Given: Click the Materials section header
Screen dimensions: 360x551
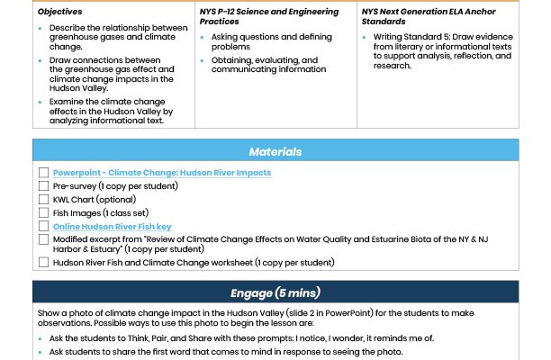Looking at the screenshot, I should tap(275, 152).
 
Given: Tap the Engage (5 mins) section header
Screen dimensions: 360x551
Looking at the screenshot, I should tap(275, 292).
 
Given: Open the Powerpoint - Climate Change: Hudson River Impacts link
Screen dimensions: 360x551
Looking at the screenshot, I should tap(161, 172).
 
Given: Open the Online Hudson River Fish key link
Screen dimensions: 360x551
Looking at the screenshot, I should tap(112, 227).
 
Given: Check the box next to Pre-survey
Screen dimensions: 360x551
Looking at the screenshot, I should tap(44, 185).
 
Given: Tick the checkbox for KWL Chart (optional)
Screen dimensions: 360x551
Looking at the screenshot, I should tap(44, 199).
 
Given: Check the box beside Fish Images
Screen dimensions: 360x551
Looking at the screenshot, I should tap(44, 212).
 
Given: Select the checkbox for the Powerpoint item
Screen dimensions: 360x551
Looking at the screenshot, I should tap(44, 172).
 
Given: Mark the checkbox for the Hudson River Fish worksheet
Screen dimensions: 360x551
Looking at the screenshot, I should tap(44, 263).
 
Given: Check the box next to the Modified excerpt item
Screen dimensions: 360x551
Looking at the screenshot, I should tap(44, 240).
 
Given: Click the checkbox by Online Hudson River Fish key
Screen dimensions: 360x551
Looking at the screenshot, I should tap(44, 227).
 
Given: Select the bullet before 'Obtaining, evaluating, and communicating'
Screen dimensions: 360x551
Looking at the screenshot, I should tap(203, 61).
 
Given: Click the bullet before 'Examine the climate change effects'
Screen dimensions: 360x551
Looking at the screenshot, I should tap(41, 103).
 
